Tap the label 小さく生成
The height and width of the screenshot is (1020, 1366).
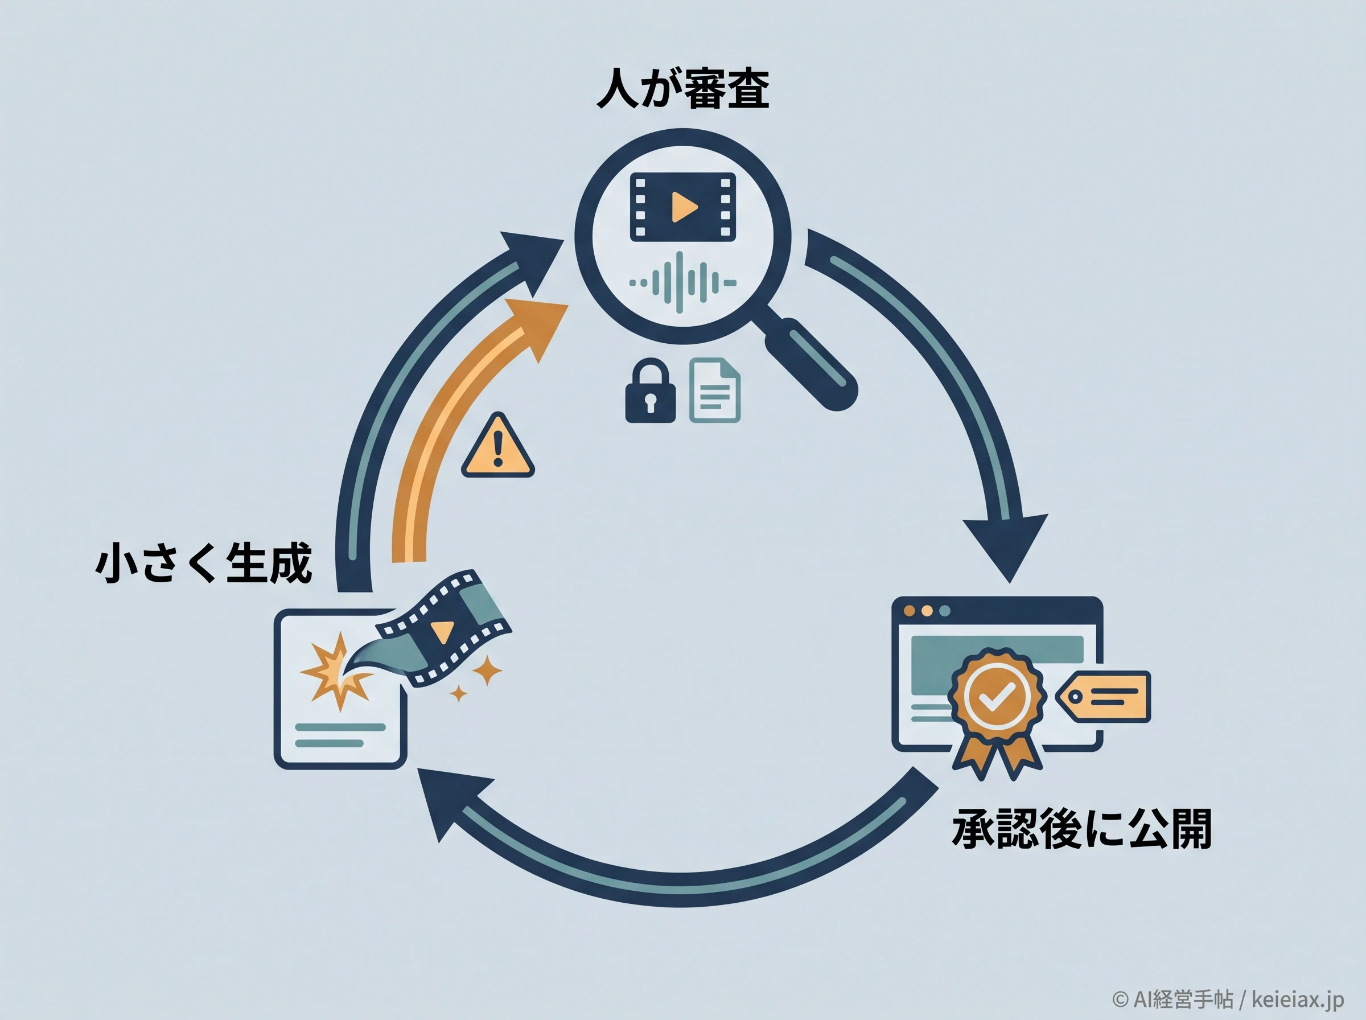(x=204, y=562)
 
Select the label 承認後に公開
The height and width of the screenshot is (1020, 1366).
(x=1081, y=828)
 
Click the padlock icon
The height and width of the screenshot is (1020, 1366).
(x=650, y=391)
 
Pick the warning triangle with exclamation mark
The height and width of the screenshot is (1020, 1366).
(x=497, y=446)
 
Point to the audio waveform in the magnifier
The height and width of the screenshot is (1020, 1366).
(x=682, y=283)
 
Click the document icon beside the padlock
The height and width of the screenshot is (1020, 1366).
(x=715, y=390)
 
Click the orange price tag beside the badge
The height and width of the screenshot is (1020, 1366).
(x=1102, y=696)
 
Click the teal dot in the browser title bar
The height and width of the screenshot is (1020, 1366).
(x=944, y=611)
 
